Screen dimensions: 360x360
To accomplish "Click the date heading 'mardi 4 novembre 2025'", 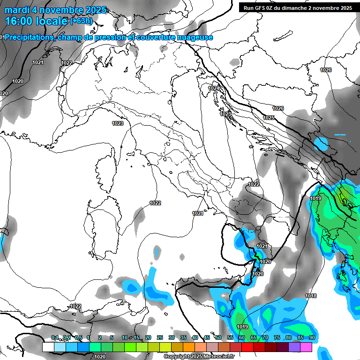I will click(x=55, y=10).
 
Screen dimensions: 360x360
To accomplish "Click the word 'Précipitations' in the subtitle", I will click(x=29, y=37).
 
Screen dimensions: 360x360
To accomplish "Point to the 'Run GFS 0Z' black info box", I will click(x=298, y=7).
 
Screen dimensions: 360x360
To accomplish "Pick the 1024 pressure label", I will click(x=214, y=88).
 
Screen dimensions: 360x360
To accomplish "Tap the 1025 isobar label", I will click(x=269, y=118).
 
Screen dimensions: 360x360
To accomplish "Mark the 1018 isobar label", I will click(x=310, y=296).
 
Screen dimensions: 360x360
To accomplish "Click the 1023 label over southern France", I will click(x=118, y=123).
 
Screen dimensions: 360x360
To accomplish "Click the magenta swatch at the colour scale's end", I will click(x=306, y=347).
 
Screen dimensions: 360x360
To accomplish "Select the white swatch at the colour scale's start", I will click(x=48, y=347).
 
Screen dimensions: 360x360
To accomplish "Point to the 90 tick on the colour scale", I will click(x=312, y=337).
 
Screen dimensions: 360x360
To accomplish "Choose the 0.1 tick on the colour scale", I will click(x=54, y=337).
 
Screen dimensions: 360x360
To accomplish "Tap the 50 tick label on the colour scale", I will click(x=218, y=337).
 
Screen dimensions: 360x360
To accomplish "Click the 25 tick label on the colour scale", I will click(x=160, y=337).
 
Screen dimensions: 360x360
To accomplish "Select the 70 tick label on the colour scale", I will click(x=265, y=337).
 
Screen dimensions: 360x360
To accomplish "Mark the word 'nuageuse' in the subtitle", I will click(x=196, y=37).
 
